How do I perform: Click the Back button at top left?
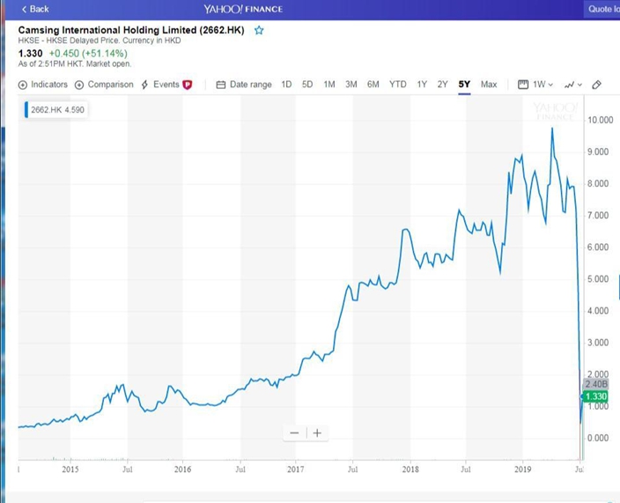(x=35, y=9)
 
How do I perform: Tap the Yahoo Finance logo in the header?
(x=243, y=9)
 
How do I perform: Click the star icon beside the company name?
(x=259, y=30)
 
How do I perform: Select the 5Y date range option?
(x=464, y=85)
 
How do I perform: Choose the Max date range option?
(x=489, y=85)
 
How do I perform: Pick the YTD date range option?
(x=397, y=85)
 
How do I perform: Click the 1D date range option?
(x=286, y=85)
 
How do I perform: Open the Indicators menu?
(x=42, y=85)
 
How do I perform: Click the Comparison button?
(x=104, y=85)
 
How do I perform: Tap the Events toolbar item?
(x=166, y=85)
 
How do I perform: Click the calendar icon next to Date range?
(x=221, y=85)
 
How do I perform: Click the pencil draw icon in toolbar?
(x=597, y=85)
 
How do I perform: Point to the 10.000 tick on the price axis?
(x=601, y=120)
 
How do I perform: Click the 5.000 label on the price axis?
(x=598, y=278)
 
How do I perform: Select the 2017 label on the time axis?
(x=295, y=470)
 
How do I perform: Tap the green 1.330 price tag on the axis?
(x=595, y=396)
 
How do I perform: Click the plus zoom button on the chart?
(x=317, y=433)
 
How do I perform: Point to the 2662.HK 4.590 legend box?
(x=56, y=110)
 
